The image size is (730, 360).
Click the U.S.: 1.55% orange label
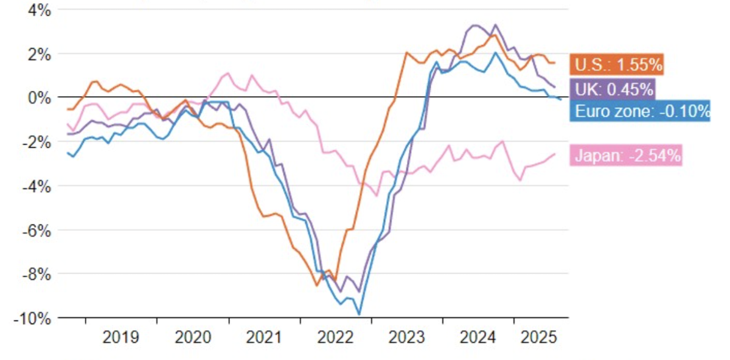[616, 64]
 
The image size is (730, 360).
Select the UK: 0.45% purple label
[613, 89]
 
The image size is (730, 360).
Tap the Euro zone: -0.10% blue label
[640, 111]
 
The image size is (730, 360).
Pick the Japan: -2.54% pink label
[627, 156]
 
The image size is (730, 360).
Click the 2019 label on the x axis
[121, 336]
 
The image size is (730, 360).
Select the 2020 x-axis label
[193, 336]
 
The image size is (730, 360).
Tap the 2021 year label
[264, 336]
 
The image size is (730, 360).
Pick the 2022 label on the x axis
[336, 336]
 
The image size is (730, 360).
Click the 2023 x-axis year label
[407, 336]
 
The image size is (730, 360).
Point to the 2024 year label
[478, 336]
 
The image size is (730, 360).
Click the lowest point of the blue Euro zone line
[359, 314]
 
